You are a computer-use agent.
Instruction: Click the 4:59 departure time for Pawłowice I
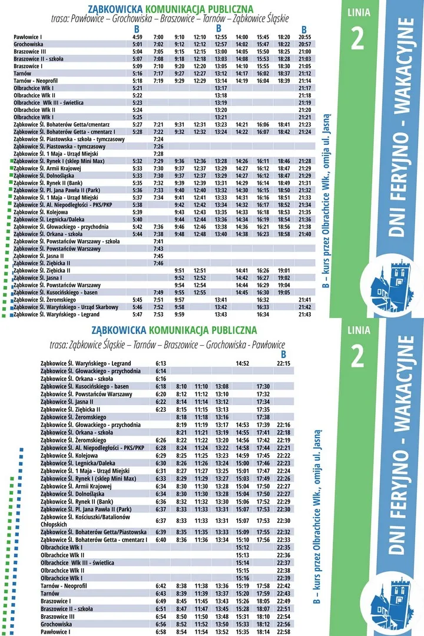137,37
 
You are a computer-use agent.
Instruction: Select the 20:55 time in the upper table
304,37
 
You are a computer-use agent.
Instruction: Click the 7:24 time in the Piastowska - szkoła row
158,139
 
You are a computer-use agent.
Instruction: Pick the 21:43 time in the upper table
304,314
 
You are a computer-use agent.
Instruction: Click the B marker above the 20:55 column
304,29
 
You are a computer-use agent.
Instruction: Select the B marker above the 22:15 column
283,355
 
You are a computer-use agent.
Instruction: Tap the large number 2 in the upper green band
357,38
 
